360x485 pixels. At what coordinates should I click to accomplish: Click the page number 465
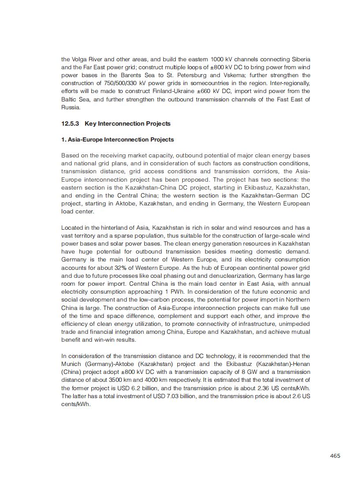point(335,456)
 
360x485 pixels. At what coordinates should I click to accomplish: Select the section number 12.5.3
point(71,123)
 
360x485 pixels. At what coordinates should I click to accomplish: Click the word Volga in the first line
point(80,60)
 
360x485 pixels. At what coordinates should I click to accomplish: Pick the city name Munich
point(71,364)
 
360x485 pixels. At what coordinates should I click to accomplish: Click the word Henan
point(300,364)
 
